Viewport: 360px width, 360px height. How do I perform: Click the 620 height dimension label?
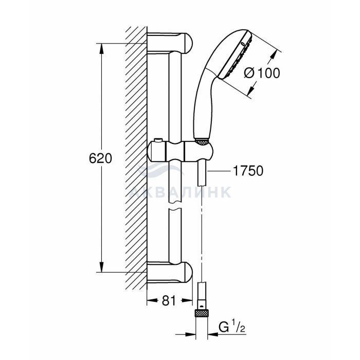(100, 158)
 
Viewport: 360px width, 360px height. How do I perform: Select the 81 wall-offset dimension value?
(169, 300)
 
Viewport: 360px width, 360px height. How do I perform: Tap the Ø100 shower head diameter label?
(262, 73)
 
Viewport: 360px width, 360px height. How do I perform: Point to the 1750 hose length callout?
(248, 171)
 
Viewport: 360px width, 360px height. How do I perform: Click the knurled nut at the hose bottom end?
(202, 313)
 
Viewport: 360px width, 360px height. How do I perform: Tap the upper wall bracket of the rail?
(170, 43)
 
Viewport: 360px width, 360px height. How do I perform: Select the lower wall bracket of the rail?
(170, 273)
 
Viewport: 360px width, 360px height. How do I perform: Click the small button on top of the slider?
(158, 140)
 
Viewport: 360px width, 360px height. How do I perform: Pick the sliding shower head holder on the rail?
(181, 151)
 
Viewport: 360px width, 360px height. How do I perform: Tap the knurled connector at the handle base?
(202, 142)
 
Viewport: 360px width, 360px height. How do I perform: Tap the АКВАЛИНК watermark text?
(180, 192)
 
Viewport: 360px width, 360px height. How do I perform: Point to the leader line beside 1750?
(219, 171)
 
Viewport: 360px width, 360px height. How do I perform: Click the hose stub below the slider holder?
(202, 174)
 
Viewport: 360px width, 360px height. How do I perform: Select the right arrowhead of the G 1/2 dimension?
(213, 334)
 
